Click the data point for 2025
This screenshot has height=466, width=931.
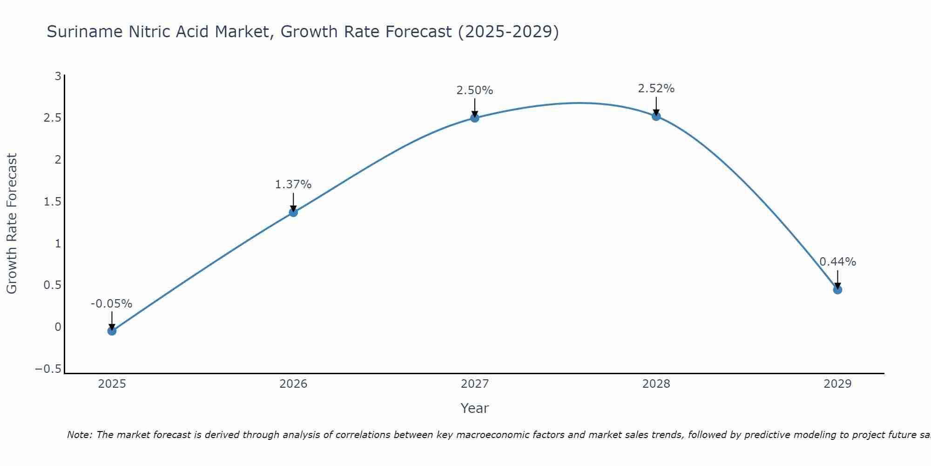click(112, 331)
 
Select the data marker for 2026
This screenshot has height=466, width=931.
click(293, 212)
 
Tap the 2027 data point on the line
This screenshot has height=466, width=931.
click(475, 118)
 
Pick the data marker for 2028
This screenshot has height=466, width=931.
click(656, 116)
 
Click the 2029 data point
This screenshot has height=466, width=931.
click(837, 290)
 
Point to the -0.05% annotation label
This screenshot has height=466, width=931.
click(111, 304)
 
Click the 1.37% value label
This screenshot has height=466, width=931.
click(293, 185)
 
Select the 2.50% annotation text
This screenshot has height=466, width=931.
click(474, 90)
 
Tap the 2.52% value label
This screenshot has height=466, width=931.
click(656, 89)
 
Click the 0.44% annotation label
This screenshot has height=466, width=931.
click(837, 262)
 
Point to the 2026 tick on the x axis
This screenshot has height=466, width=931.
click(293, 384)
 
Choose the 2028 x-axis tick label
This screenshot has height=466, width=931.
click(656, 384)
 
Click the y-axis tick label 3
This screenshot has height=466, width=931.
click(58, 76)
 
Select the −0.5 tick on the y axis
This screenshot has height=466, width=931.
click(48, 369)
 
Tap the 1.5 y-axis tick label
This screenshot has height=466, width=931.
click(52, 202)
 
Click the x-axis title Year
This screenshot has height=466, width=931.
click(474, 408)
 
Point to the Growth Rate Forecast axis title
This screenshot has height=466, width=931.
click(12, 224)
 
